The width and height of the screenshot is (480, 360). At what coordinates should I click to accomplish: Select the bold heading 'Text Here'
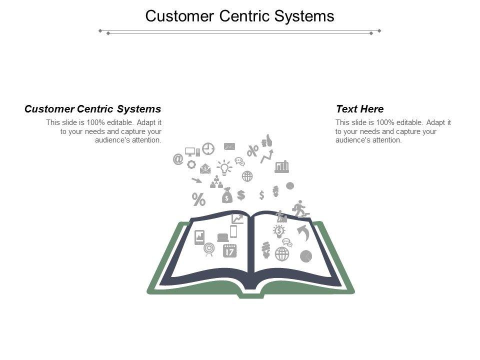coord(359,109)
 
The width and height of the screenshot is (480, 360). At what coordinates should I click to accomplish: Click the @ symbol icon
coord(177,159)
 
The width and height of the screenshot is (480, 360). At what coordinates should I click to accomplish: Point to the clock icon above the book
coord(208,149)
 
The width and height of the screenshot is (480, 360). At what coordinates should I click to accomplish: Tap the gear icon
coord(191,164)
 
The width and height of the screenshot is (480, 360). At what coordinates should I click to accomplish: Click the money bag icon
coord(227,195)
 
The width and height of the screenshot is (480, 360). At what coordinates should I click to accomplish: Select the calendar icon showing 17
coord(229,250)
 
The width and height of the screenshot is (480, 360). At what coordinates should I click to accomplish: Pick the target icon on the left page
coord(209,248)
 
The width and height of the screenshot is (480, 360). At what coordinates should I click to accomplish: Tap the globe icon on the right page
coord(282,254)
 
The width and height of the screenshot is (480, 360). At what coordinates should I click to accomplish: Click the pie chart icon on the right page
coord(306,256)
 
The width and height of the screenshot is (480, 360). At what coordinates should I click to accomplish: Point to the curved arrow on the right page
coord(303,232)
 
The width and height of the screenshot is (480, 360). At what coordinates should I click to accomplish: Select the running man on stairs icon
coord(299,208)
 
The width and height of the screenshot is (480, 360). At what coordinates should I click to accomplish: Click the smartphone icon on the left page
coord(233,231)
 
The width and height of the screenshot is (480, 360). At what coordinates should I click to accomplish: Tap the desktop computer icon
coord(191,151)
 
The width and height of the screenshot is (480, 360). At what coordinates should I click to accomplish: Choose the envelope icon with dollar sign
coord(205,169)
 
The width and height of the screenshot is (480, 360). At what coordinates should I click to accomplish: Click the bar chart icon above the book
coord(282,166)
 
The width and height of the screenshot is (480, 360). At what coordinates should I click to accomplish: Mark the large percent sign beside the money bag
coord(199,200)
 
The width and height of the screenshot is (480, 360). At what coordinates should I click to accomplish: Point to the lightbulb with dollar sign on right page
coord(279,230)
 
